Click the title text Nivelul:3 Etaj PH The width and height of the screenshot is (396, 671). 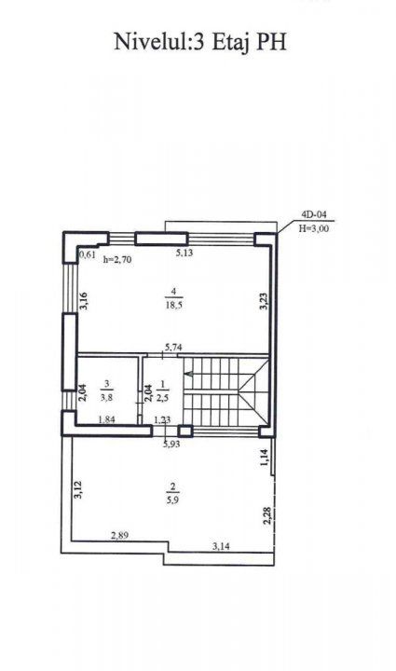pos(199,43)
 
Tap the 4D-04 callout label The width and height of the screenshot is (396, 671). pos(314,216)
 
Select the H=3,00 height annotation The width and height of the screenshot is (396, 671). pos(314,228)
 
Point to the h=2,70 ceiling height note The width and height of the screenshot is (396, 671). pos(117,259)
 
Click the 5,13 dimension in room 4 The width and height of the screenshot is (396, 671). pos(184,253)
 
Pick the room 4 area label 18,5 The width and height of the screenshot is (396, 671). pos(173,305)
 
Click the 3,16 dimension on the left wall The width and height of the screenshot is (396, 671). pos(83,301)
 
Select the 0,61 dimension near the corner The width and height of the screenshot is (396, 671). pos(88,256)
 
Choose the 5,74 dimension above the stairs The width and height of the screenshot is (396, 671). pos(173,348)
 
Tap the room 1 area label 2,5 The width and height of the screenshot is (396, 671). pos(163,396)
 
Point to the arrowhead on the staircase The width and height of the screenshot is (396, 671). pos(188,375)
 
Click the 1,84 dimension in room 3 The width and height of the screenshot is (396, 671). pos(106,419)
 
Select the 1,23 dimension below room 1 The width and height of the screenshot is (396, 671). pos(162,419)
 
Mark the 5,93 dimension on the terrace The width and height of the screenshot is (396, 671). pos(171,444)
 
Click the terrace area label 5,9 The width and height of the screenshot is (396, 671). pos(173,500)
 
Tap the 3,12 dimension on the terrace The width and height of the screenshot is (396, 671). pos(78,489)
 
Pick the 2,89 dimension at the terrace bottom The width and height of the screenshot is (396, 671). pos(120,535)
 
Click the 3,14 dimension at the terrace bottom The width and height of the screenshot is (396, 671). pos(221,546)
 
